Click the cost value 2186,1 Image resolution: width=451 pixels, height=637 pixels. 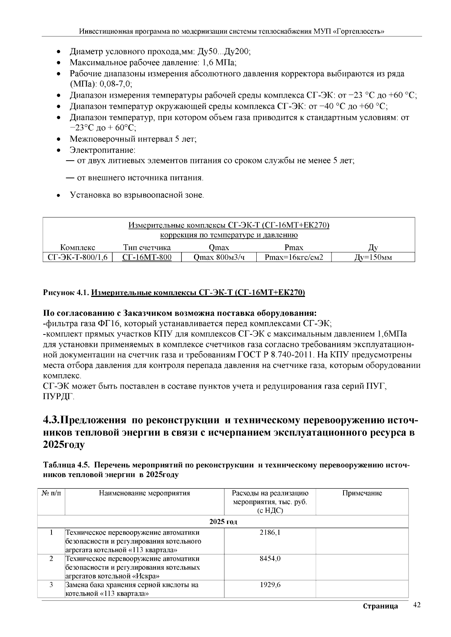(270, 532)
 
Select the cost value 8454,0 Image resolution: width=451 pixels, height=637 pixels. (270, 559)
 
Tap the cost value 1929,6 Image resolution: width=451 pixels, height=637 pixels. (270, 585)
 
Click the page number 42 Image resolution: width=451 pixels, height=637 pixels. (416, 605)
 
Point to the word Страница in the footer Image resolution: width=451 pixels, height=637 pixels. (380, 606)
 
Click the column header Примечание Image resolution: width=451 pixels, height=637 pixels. (362, 493)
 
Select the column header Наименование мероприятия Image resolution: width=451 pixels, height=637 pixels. (144, 493)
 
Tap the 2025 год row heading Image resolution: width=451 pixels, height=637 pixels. (223, 522)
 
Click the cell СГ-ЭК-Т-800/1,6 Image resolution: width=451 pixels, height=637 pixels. (78, 257)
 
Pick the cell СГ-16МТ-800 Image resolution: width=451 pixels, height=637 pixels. (147, 257)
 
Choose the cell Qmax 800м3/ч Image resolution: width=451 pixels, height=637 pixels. (219, 257)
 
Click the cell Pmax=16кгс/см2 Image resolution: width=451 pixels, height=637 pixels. (294, 257)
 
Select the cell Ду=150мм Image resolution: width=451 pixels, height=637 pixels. (373, 257)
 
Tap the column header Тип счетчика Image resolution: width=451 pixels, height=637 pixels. (147, 247)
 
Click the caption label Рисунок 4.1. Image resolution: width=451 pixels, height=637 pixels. (66, 293)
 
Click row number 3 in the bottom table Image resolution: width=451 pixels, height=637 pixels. (51, 585)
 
